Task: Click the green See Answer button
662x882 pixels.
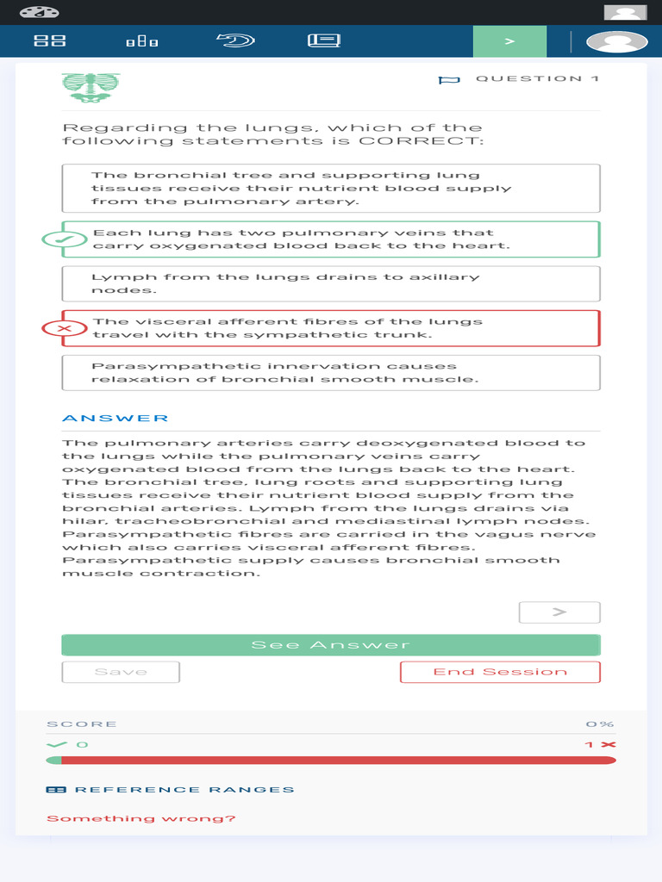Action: tap(330, 645)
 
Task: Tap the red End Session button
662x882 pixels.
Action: tap(500, 672)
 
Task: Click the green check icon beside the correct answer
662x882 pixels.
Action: tap(64, 239)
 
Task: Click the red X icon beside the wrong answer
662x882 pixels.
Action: tap(64, 328)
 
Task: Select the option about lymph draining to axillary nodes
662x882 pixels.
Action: tap(330, 283)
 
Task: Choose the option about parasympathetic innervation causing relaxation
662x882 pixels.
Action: tap(330, 372)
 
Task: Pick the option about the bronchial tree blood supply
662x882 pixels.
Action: tap(330, 188)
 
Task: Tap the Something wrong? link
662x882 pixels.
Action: tap(141, 818)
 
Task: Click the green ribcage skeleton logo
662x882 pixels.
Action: tap(91, 87)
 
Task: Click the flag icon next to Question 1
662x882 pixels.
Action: tap(449, 80)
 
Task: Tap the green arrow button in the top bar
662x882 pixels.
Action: tap(509, 41)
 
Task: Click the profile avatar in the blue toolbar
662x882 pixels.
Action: tap(616, 41)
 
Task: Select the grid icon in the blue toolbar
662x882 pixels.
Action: tap(49, 40)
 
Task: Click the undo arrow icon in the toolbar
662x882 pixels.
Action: tap(234, 40)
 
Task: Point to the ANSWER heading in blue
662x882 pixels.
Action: tap(116, 419)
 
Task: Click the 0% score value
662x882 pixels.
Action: tap(600, 724)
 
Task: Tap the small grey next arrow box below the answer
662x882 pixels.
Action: tap(559, 612)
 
